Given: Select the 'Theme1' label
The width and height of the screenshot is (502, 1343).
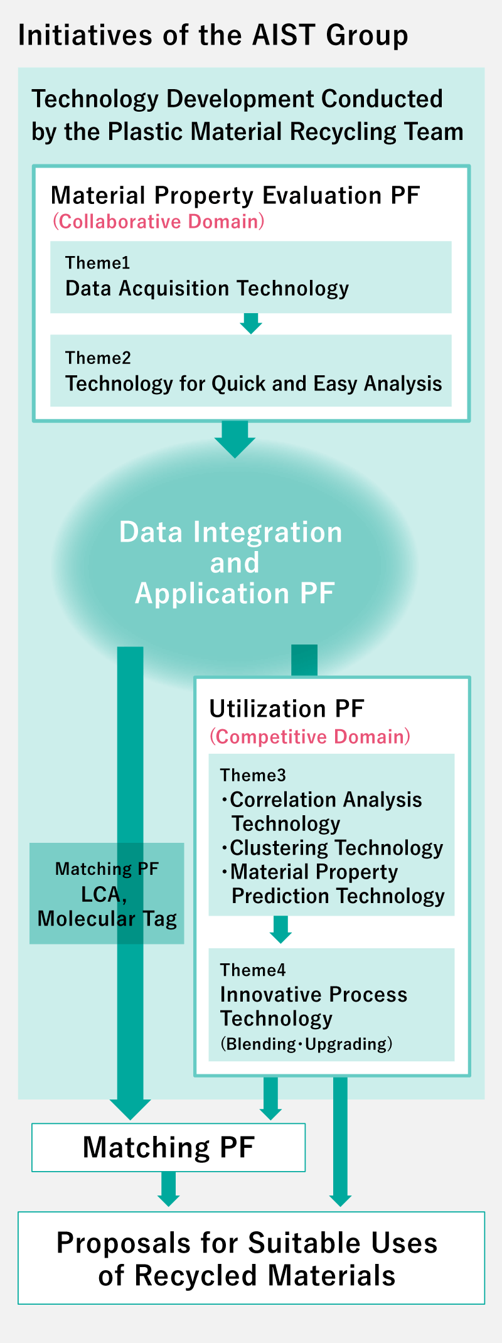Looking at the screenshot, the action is pyautogui.click(x=97, y=263).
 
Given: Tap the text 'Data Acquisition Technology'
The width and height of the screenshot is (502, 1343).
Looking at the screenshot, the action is pyautogui.click(x=207, y=289).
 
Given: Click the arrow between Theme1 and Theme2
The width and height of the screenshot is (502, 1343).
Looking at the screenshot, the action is pyautogui.click(x=251, y=323).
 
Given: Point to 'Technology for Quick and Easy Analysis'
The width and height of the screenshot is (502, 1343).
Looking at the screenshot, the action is pyautogui.click(x=254, y=383).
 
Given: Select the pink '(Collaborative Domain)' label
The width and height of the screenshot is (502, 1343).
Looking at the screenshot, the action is pyautogui.click(x=158, y=222).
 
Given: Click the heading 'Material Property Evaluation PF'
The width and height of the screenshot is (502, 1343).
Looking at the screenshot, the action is pyautogui.click(x=235, y=196).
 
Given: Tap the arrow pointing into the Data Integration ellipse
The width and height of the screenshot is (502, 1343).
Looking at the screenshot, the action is pyautogui.click(x=235, y=439).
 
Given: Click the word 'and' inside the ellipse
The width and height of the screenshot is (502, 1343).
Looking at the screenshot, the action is pyautogui.click(x=235, y=563).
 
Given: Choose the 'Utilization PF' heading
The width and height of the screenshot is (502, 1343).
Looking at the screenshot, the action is pyautogui.click(x=286, y=709).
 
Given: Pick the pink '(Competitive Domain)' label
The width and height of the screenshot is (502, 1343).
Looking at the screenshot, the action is pyautogui.click(x=310, y=737).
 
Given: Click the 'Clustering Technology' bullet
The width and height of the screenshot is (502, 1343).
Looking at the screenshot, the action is pyautogui.click(x=332, y=848).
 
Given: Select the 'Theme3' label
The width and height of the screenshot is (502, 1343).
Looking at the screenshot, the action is pyautogui.click(x=253, y=776).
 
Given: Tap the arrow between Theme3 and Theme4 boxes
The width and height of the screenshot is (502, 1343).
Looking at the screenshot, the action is pyautogui.click(x=280, y=929).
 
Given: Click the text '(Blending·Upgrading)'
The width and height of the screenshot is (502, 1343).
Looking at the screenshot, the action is pyautogui.click(x=306, y=1044).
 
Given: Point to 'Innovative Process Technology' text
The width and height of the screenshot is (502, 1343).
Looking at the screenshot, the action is pyautogui.click(x=314, y=1007).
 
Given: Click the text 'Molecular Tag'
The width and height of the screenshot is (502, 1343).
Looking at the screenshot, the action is pyautogui.click(x=107, y=919).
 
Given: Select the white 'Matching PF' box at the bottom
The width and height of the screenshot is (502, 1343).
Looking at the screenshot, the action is pyautogui.click(x=169, y=1147).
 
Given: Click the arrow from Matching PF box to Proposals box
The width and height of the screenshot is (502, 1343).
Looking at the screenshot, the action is pyautogui.click(x=168, y=1189).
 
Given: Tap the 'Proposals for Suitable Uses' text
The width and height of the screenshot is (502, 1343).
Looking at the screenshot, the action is pyautogui.click(x=247, y=1243).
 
